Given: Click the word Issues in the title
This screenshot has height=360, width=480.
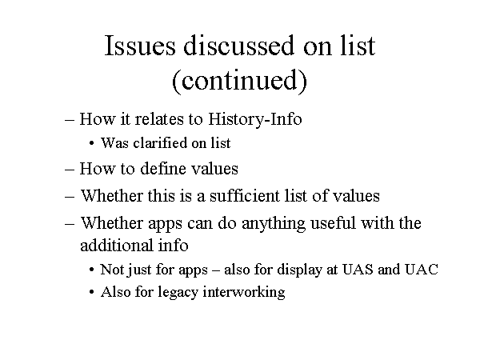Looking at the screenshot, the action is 140,46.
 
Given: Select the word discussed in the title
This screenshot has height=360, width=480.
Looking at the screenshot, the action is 239,46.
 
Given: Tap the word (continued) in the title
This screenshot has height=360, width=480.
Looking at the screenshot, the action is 239,80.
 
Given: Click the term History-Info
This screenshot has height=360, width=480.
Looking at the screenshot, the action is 255,118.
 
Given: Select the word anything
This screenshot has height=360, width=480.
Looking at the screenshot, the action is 274,223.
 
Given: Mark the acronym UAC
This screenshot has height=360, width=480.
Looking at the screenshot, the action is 422,270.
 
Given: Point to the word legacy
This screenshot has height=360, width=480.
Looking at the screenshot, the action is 178,292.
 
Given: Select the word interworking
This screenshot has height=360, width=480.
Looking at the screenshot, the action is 244,292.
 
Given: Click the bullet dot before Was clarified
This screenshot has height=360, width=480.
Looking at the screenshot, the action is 91,143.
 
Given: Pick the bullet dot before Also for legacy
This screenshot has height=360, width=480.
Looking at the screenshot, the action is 91,292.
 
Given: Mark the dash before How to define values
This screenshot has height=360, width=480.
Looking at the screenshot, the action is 70,170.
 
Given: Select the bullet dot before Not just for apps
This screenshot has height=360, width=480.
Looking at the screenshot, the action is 91,270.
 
